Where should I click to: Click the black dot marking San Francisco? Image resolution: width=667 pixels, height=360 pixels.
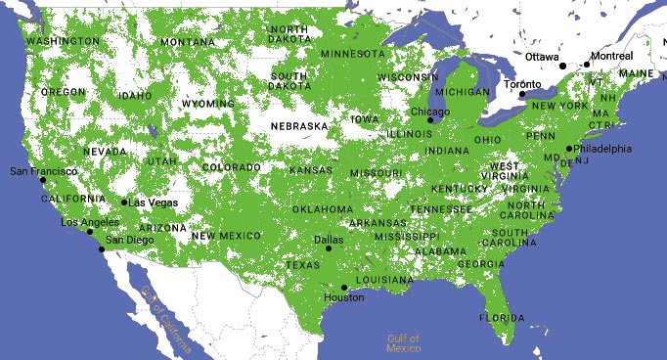point(42,180)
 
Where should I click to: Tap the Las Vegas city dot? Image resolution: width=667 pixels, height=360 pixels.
point(124,202)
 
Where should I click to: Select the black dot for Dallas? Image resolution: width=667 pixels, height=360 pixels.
point(329,248)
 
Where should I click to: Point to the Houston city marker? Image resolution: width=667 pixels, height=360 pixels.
point(343,288)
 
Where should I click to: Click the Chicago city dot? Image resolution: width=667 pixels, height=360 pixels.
point(429,120)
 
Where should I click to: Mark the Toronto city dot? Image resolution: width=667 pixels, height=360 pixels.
point(522,94)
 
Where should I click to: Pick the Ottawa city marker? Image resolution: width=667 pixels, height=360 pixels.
point(562,66)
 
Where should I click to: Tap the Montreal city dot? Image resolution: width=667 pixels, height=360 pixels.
point(587,65)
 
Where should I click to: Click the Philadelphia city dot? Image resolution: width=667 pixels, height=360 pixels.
point(569,149)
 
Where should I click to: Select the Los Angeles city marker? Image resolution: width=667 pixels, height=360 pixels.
point(90,232)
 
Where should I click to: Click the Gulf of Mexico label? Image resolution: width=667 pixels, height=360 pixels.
point(403,343)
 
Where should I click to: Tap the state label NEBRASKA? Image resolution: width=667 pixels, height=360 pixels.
point(299,126)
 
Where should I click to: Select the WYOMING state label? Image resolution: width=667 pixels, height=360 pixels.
point(207,103)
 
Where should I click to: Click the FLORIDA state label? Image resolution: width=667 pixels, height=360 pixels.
point(503,318)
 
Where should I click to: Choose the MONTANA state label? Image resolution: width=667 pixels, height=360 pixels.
point(188,42)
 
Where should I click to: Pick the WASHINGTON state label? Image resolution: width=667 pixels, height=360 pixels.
point(63,41)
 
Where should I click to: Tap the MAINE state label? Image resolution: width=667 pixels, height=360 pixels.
point(636,73)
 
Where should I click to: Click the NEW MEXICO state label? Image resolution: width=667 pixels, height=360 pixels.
point(226,236)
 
